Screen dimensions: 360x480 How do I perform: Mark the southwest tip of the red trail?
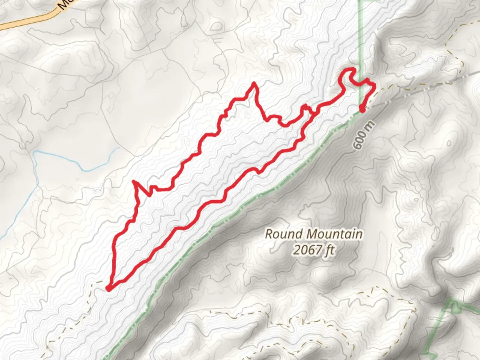108,288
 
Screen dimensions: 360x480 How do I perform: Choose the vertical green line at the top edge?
360,40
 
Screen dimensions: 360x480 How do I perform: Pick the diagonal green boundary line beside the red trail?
233,213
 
